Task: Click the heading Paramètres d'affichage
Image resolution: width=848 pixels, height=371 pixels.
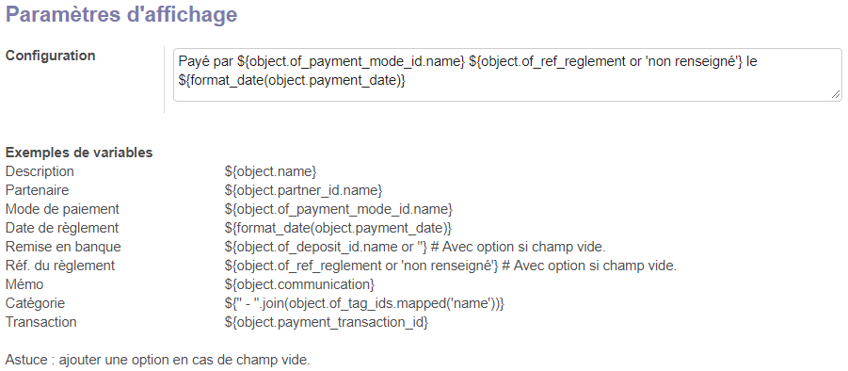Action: (x=121, y=15)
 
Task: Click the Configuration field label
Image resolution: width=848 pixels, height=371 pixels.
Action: (x=50, y=56)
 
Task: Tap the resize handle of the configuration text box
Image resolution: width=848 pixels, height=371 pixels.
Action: (x=836, y=95)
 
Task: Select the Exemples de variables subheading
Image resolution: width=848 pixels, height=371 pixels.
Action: (x=79, y=153)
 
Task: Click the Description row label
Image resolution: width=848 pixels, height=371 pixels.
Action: (x=40, y=172)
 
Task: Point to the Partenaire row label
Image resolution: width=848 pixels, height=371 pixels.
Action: (x=38, y=190)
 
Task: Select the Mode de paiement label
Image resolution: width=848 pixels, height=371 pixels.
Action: (x=62, y=209)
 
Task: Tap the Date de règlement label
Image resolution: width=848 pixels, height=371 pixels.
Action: (x=62, y=228)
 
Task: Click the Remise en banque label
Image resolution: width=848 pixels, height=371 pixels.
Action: (x=63, y=247)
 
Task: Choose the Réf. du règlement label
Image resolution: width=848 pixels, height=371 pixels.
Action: (x=60, y=266)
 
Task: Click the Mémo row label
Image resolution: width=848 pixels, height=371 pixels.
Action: (x=24, y=284)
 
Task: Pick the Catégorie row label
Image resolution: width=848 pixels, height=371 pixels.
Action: (x=35, y=303)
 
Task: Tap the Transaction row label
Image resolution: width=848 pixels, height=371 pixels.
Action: (x=41, y=322)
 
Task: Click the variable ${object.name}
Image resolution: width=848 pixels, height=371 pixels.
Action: (x=270, y=172)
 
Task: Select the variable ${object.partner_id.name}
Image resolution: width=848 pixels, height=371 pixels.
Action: (x=303, y=191)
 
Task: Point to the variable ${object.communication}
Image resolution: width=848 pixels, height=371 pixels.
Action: (x=299, y=284)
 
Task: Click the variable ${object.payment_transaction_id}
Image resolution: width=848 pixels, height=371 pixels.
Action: (x=326, y=322)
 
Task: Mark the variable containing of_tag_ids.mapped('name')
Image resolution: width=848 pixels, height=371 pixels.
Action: (x=364, y=304)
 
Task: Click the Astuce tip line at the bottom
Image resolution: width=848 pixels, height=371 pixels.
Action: (x=158, y=360)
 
